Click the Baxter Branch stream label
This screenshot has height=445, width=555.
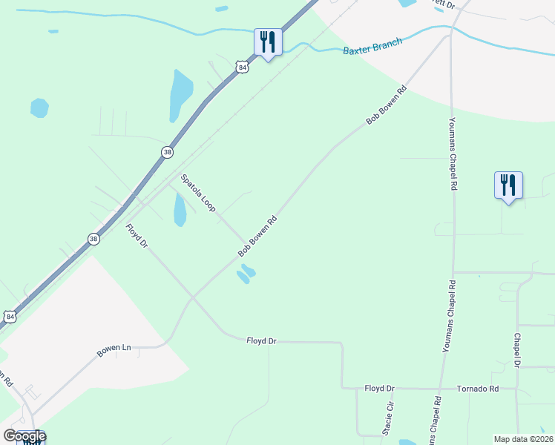pos(372,47)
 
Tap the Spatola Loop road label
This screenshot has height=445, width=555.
pos(198,193)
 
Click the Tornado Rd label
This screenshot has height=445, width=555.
pos(477,389)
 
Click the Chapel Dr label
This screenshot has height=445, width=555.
pos(517,349)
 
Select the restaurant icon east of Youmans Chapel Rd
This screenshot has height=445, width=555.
pos(508,185)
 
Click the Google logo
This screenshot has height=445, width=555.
pos(24,436)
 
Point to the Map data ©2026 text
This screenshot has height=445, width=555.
pos(523,439)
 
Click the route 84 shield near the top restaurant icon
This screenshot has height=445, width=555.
pos(242,67)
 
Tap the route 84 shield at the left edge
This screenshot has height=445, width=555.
pos(10,317)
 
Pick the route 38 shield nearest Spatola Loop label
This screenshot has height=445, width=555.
pos(167,151)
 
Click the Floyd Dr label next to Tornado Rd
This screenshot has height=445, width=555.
pos(380,389)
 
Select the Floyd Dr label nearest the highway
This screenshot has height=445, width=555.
pos(137,237)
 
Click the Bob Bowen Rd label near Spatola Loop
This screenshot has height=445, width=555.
pos(257,237)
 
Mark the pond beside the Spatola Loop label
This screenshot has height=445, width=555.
pos(180,210)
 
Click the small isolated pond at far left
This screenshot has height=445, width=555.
pos(39,108)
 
